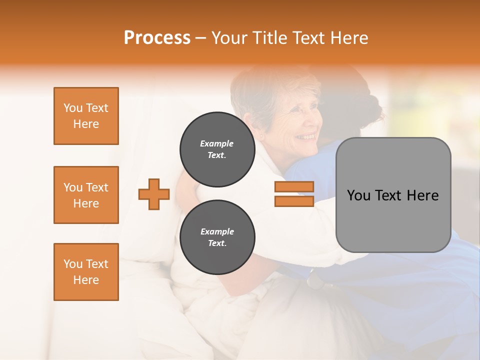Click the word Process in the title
pos(157,38)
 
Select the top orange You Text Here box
pos(86,116)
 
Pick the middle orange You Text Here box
pos(86,195)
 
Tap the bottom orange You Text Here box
pos(86,272)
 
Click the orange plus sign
pos(154,194)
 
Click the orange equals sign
pos(294,194)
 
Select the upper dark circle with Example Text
pos(217,149)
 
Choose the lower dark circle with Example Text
pos(217,237)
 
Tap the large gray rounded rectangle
pos(393,195)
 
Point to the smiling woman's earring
pos(260,136)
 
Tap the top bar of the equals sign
pos(294,187)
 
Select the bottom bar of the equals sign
pos(294,201)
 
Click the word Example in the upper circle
pos(217,143)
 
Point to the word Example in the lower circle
pos(217,231)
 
